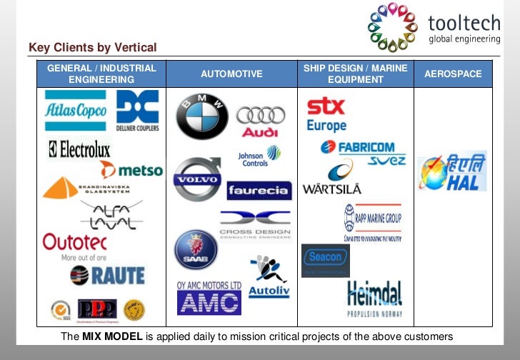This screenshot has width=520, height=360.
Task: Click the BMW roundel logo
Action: pyautogui.click(x=202, y=116)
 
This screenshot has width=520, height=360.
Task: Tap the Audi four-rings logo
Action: pyautogui.click(x=260, y=121)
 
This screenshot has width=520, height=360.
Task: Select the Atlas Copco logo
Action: pyautogui.click(x=75, y=111)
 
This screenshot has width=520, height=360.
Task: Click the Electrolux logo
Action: pyautogui.click(x=79, y=150)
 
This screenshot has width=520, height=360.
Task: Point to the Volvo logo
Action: pyautogui.click(x=198, y=179)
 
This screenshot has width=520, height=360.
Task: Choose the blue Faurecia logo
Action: pyautogui.click(x=259, y=191)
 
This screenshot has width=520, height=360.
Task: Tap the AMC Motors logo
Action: pyautogui.click(x=209, y=299)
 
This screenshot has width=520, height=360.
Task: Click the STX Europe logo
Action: pyautogui.click(x=326, y=115)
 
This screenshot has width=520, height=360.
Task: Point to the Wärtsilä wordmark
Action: pyautogui.click(x=331, y=189)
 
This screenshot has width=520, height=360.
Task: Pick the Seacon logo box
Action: pyautogui.click(x=325, y=260)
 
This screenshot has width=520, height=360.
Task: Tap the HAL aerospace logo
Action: pyautogui.click(x=452, y=172)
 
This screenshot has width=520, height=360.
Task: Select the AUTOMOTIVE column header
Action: pyautogui.click(x=231, y=74)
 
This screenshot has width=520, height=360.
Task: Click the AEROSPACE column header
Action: pyautogui.click(x=453, y=74)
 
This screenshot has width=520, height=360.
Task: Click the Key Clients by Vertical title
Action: pyautogui.click(x=92, y=48)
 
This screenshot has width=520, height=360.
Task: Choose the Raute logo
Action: pyautogui.click(x=107, y=275)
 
